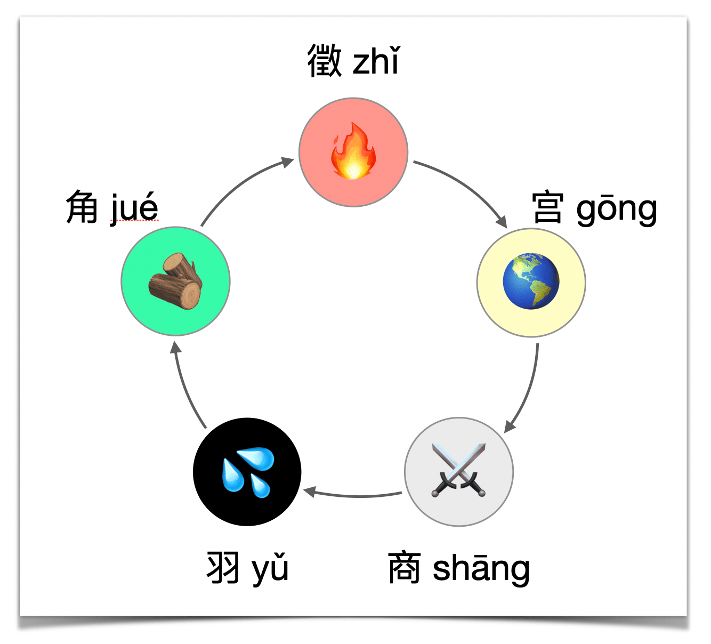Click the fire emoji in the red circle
(353, 152)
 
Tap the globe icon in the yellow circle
(531, 281)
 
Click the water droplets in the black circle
(248, 472)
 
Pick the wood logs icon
(176, 281)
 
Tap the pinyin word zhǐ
(376, 61)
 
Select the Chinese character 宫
(548, 208)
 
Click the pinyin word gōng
(617, 209)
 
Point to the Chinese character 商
(405, 568)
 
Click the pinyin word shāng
(481, 569)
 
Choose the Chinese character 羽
(223, 568)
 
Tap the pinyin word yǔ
(270, 569)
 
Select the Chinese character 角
(82, 207)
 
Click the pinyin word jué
(135, 208)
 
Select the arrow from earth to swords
(528, 389)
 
